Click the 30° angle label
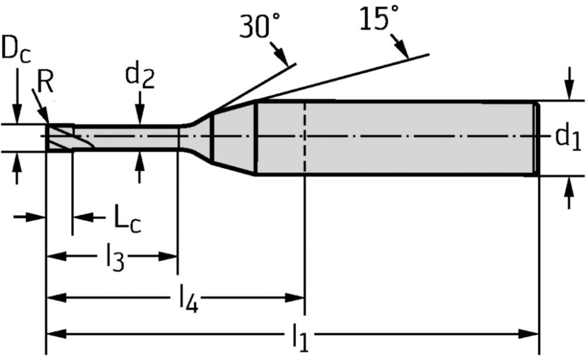pos(259,26)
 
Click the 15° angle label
pos(379,18)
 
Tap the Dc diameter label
pos(16,48)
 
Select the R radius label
pos(45,82)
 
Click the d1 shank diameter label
pos(568,137)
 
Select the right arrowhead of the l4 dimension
pos(295,298)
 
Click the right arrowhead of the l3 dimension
pos(167,257)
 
